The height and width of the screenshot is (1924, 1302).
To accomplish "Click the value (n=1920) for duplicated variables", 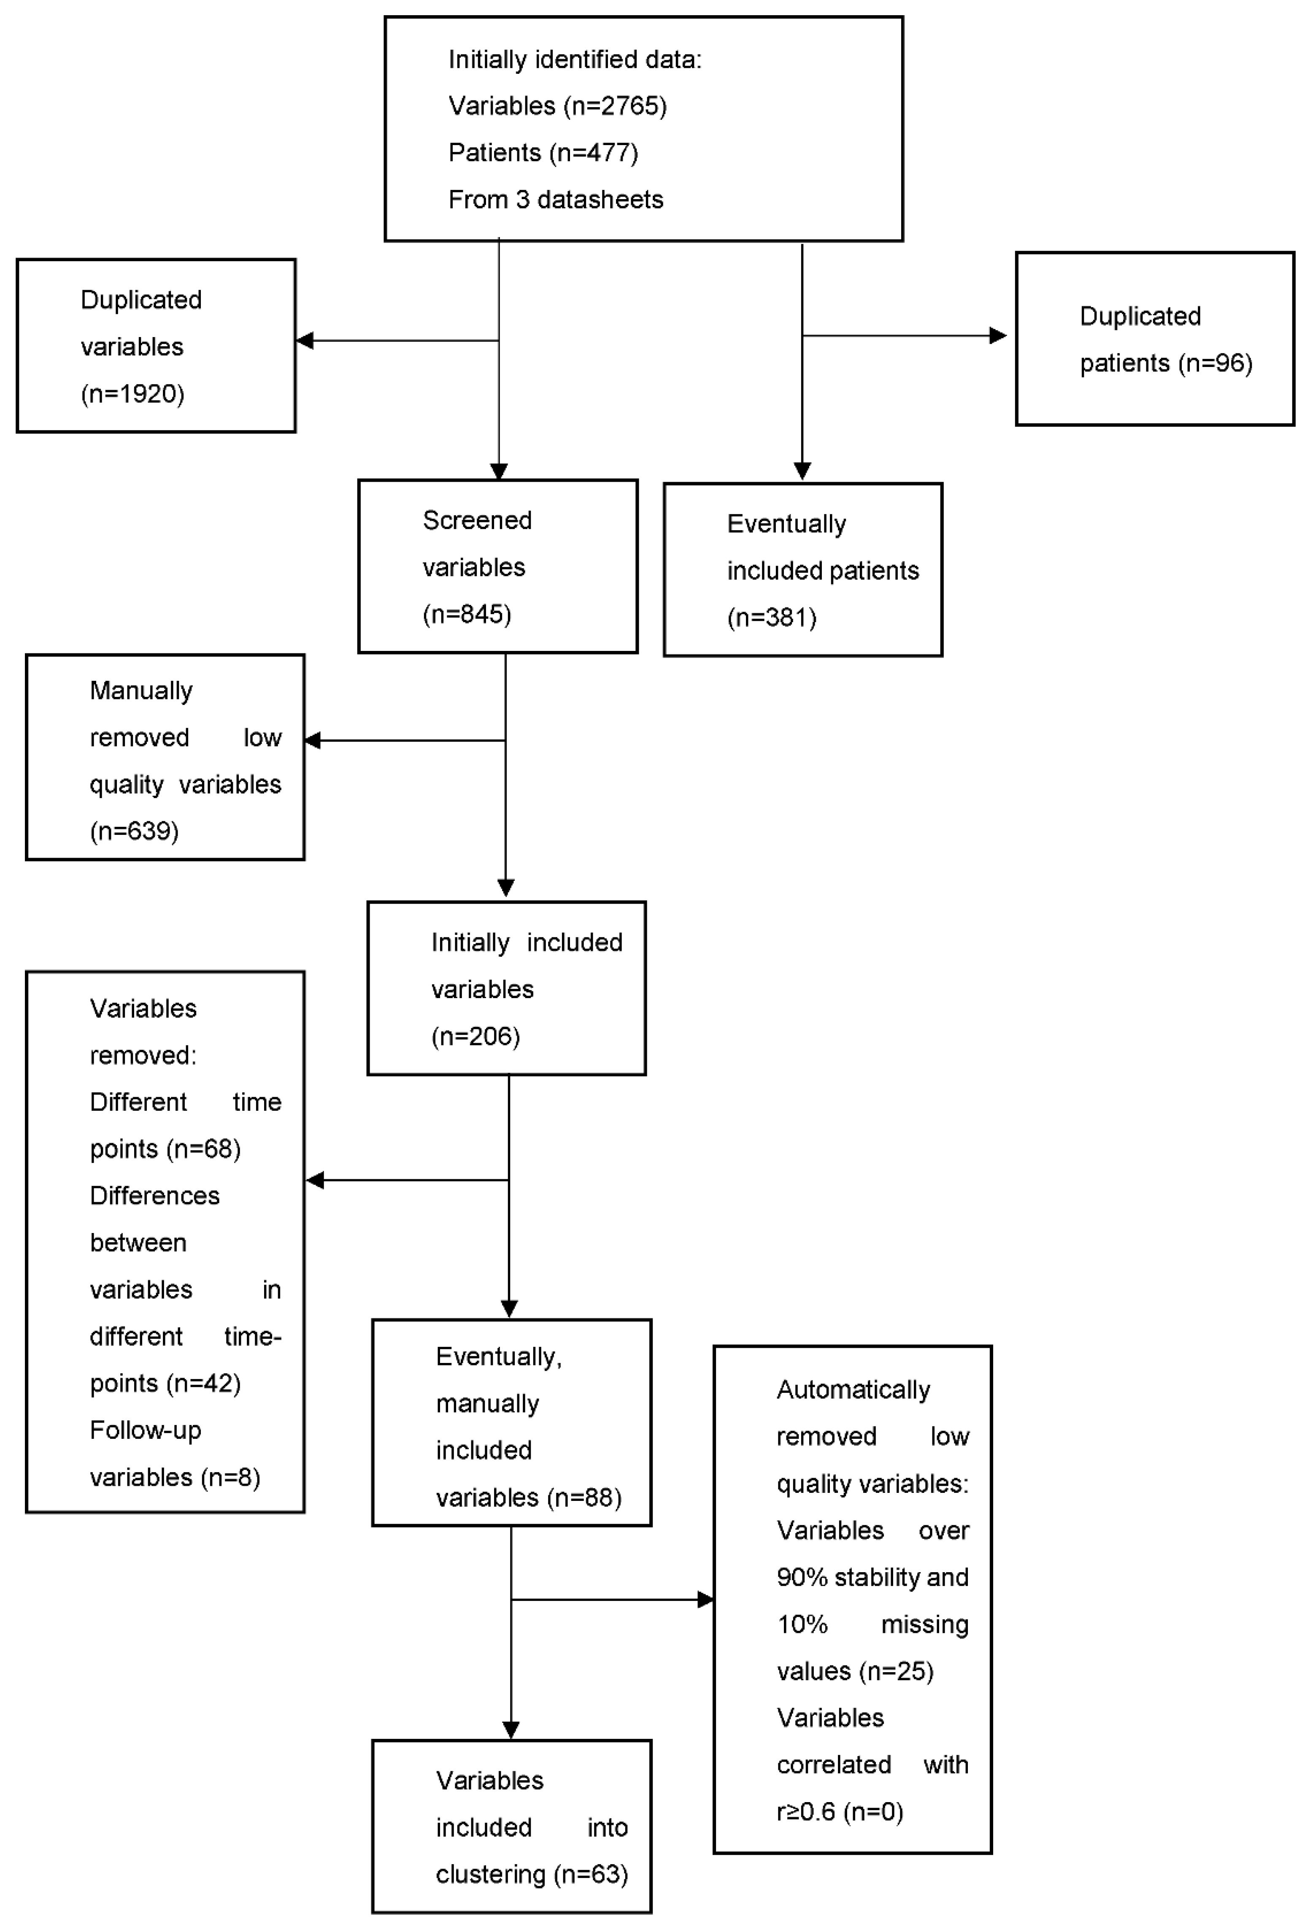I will [132, 393].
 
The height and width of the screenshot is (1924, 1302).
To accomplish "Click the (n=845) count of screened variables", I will [466, 613].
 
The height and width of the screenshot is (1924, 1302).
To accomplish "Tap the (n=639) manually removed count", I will [134, 830].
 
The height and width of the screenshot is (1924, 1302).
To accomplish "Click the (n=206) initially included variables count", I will [475, 1036].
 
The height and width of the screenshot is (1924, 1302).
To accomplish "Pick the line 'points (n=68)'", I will [165, 1148].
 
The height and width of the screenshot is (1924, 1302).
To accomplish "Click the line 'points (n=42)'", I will [165, 1382].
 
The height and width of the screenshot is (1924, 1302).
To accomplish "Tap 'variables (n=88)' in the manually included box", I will [528, 1497].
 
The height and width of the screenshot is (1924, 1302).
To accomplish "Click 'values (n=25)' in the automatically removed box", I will [855, 1670].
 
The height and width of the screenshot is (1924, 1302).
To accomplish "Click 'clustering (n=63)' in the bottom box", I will [532, 1873].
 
